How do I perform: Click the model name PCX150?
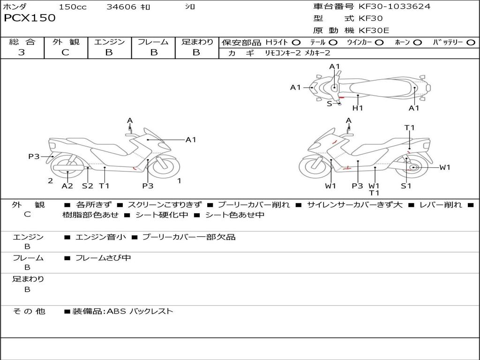click(30, 18)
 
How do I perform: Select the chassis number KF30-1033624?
click(394, 7)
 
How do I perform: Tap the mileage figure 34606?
click(121, 7)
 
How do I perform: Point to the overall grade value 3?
click(22, 52)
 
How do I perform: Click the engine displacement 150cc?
click(72, 7)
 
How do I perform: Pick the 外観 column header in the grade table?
click(66, 42)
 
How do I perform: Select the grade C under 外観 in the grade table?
click(66, 52)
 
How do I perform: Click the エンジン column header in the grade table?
click(109, 42)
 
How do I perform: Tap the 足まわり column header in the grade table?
click(197, 42)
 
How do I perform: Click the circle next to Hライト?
click(296, 42)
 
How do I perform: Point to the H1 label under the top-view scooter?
click(358, 108)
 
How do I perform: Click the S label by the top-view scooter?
click(329, 104)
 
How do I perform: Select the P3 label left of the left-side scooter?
click(34, 157)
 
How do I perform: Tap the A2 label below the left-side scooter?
click(67, 186)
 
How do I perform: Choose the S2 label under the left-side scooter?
click(88, 186)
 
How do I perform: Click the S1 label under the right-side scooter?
click(406, 186)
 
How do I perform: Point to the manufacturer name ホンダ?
click(15, 7)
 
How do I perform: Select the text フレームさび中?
click(103, 258)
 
